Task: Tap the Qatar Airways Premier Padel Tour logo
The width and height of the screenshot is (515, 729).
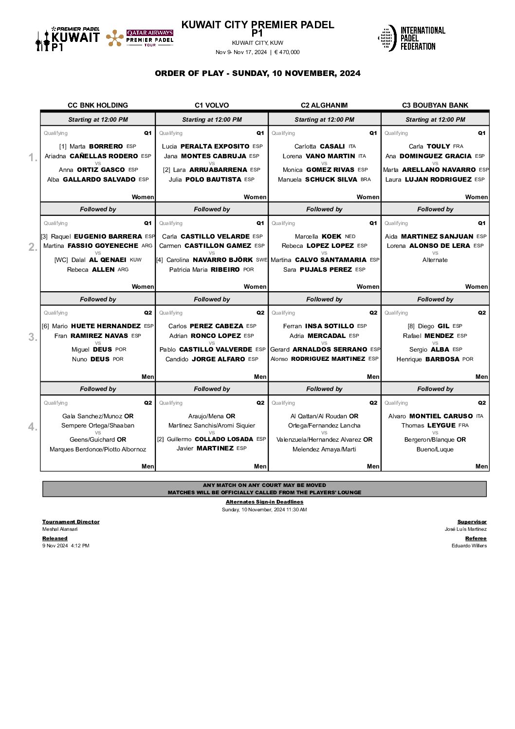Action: coord(140,38)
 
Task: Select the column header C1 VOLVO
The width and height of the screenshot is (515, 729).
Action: coord(212,105)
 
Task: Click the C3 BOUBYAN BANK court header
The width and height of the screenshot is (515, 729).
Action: coord(435,105)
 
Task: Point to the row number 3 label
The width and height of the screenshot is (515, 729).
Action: coord(33,337)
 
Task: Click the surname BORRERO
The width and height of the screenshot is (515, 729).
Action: coord(106,146)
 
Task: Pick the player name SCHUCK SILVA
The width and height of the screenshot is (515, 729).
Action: coord(331,179)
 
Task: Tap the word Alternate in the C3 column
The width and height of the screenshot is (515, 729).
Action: coord(435,260)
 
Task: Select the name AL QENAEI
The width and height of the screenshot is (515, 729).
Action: coord(108,260)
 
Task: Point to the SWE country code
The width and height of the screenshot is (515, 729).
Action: coord(261,260)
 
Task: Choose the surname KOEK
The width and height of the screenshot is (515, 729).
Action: coord(331,236)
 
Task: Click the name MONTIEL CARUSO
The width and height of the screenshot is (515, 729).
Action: coord(441,416)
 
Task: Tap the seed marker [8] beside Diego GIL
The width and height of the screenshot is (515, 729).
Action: coord(411,326)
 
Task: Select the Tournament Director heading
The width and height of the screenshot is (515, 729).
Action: coord(71,522)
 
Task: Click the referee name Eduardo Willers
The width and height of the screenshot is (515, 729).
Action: coord(469,545)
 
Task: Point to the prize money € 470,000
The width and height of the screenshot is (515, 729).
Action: coord(287,53)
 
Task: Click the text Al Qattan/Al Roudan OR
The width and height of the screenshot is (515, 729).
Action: coord(324,416)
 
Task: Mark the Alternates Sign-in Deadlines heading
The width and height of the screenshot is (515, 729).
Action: coord(264,502)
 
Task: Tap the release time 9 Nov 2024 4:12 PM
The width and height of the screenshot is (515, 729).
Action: coord(66,545)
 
